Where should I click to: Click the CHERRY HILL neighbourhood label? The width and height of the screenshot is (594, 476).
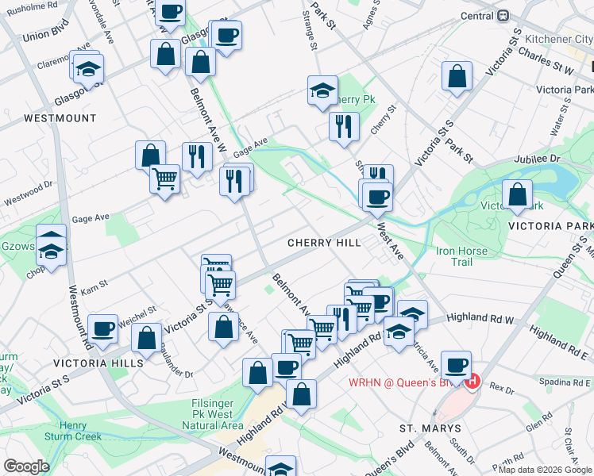tap(323, 242)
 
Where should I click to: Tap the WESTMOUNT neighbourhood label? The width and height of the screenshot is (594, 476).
tap(60, 118)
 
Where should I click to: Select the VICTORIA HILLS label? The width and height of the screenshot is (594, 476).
tap(98, 363)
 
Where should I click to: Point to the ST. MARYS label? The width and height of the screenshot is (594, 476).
tap(430, 428)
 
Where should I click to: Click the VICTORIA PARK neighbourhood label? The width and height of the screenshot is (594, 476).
tap(550, 225)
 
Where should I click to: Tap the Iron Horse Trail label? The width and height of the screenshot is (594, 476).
tap(461, 256)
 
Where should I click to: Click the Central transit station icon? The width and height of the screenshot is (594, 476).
tap(503, 15)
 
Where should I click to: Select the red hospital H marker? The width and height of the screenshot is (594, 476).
tap(472, 382)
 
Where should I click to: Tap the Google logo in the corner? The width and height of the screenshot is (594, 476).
tap(26, 466)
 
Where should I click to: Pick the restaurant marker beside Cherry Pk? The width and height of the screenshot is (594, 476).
tap(344, 126)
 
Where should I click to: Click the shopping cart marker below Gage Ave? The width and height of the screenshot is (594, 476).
tap(165, 178)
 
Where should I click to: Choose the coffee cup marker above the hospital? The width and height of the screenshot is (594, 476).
tap(456, 365)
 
